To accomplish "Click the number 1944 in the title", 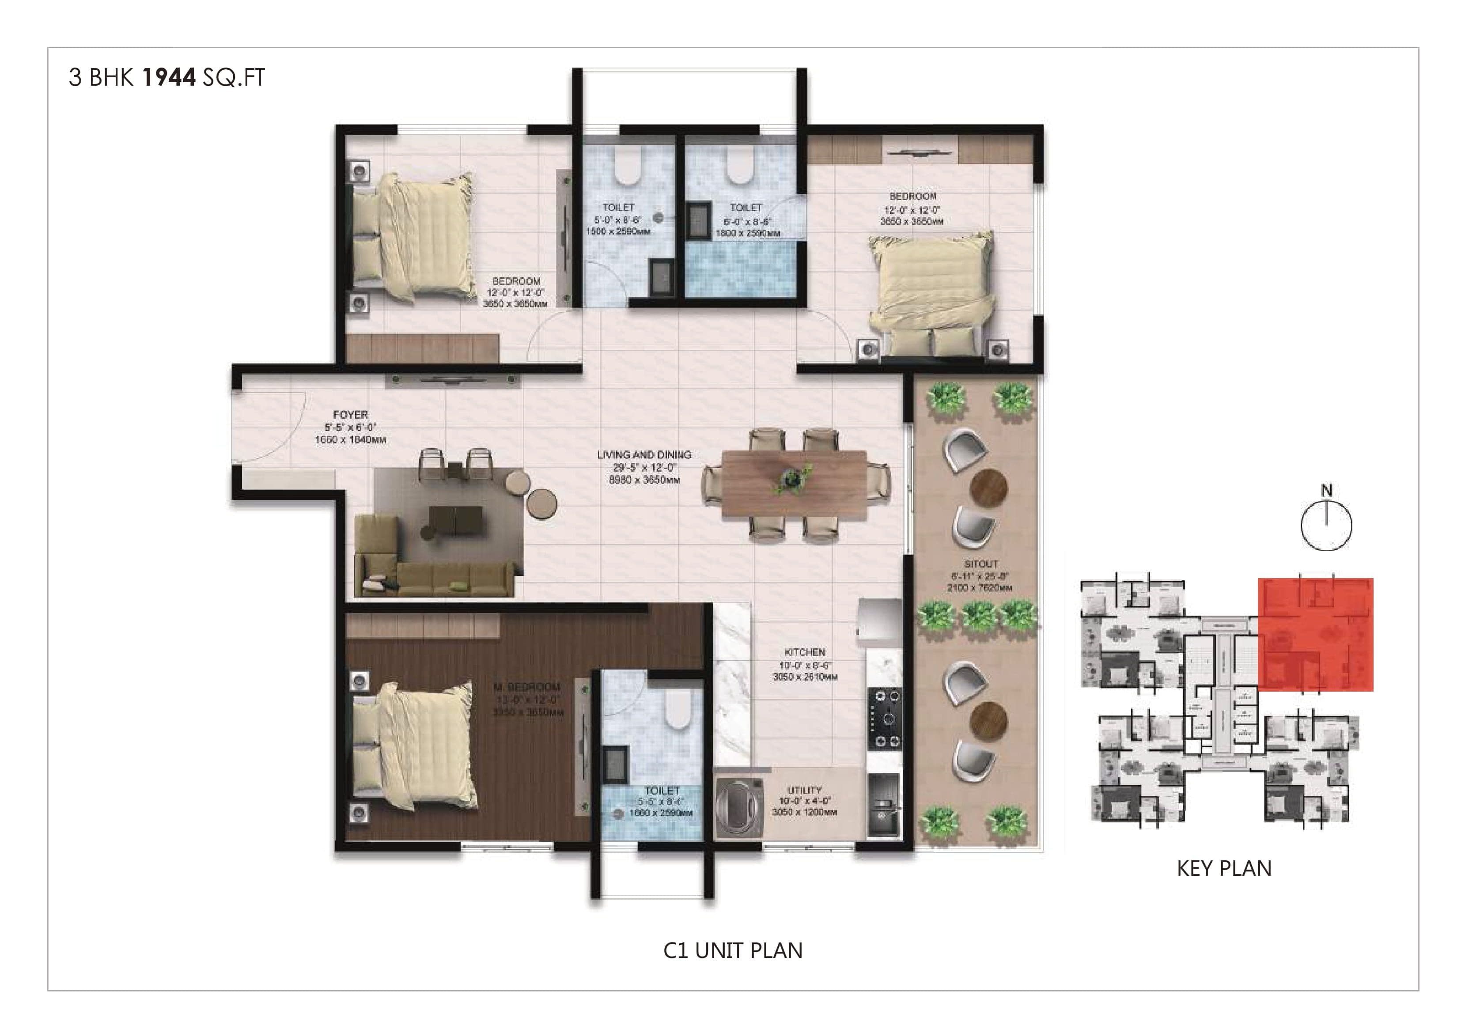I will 169,78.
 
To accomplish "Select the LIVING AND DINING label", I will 644,455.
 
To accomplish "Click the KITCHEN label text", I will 804,652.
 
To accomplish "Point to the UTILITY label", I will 804,790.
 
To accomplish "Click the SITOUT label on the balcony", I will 980,564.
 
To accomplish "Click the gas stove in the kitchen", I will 885,719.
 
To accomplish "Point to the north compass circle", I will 1326,526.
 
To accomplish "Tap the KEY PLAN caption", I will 1224,869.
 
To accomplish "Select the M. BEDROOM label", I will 527,687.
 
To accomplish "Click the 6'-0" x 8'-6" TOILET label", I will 746,208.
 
